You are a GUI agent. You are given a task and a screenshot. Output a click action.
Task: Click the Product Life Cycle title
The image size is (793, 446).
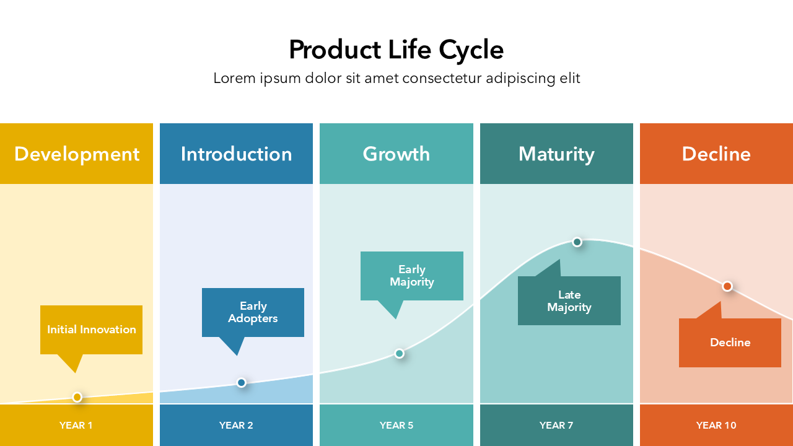396,50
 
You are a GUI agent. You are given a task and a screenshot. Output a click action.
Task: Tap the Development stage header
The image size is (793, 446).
77,154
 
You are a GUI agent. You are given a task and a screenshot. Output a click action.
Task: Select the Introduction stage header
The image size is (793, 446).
236,154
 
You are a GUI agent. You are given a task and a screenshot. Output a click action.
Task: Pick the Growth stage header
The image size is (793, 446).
396,154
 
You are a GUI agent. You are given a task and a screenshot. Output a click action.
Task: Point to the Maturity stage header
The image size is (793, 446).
556,155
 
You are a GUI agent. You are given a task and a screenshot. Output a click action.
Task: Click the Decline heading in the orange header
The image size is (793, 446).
716,154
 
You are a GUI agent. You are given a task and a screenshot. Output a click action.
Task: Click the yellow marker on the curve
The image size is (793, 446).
77,397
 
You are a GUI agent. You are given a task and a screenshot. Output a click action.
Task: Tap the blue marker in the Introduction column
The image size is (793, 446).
242,383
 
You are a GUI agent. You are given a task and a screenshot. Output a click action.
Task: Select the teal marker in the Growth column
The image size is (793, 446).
400,353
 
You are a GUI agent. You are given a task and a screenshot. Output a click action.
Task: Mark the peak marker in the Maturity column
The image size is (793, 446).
577,242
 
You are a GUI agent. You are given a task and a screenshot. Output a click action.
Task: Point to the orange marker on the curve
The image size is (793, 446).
727,286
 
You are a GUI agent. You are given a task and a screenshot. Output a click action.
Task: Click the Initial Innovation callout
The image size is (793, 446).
91,330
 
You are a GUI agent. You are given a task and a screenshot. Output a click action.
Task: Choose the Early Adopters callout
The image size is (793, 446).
253,312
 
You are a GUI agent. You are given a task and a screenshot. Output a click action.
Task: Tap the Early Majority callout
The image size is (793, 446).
412,276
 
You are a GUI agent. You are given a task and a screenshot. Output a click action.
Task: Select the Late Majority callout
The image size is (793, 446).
569,301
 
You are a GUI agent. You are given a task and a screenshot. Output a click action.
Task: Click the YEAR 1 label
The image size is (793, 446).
76,425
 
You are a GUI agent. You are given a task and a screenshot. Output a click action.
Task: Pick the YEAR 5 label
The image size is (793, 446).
396,425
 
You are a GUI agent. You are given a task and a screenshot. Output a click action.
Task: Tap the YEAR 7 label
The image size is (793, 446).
556,425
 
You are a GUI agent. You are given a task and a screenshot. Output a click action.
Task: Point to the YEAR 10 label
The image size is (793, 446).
716,425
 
